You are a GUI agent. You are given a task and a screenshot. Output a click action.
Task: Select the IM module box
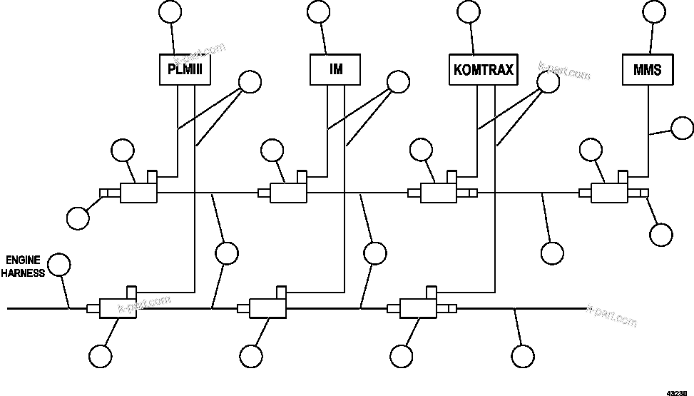335,70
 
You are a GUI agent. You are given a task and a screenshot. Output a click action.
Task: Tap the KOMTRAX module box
484,70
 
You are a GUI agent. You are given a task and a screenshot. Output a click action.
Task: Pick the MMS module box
647,70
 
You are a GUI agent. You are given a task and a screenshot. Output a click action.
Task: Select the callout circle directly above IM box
318,11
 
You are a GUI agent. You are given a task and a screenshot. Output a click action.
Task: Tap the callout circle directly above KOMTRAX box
468,11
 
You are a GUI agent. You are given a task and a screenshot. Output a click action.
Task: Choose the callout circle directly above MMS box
654,11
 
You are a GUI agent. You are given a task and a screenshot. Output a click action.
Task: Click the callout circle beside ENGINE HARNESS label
60,265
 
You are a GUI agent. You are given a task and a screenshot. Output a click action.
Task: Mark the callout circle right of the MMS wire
683,128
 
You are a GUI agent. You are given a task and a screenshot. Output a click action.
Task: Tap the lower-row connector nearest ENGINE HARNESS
118,308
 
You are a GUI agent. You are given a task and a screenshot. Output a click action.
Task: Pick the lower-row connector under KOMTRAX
419,308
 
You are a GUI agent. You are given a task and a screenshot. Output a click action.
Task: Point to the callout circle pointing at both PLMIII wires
250,82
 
